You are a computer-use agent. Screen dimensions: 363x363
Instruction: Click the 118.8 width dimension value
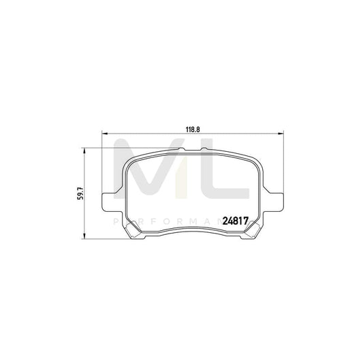click(192, 126)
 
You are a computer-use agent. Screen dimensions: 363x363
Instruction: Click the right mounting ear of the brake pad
click(277, 200)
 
